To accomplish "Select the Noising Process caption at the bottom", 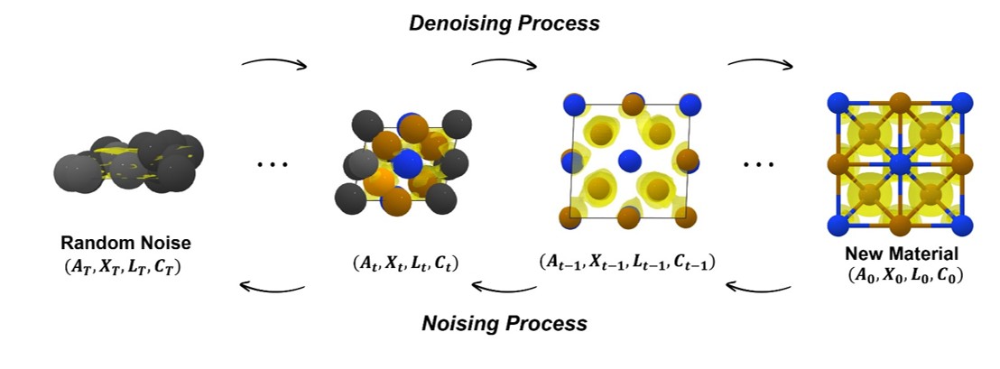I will pyautogui.click(x=504, y=323).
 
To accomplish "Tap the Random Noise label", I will pyautogui.click(x=126, y=244).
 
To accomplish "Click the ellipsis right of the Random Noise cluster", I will pyautogui.click(x=272, y=165).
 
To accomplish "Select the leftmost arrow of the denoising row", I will pyautogui.click(x=274, y=63).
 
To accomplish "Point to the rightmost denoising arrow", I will pyautogui.click(x=761, y=63).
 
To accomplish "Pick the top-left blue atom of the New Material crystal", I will pyautogui.click(x=838, y=102).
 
